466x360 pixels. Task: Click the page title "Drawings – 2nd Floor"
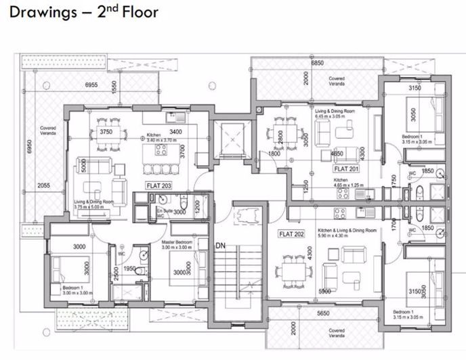pyautogui.click(x=83, y=12)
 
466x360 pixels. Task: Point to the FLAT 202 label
pyautogui.click(x=292, y=234)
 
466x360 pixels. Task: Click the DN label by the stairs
pyautogui.click(x=219, y=246)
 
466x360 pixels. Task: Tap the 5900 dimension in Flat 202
pyautogui.click(x=324, y=292)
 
